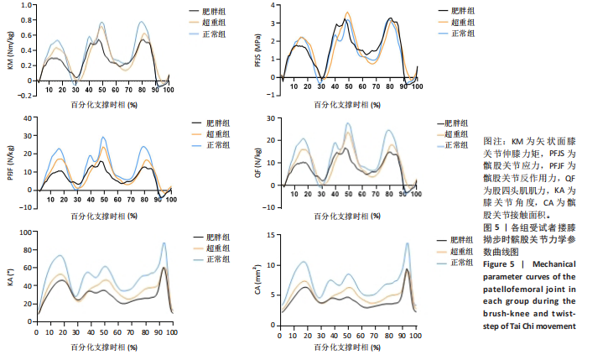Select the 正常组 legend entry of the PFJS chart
(463, 33)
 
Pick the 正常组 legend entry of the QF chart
(456, 145)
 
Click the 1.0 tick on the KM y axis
(26, 5)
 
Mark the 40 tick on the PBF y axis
(27, 117)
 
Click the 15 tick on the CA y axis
(271, 232)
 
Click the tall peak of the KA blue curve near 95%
(164, 243)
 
